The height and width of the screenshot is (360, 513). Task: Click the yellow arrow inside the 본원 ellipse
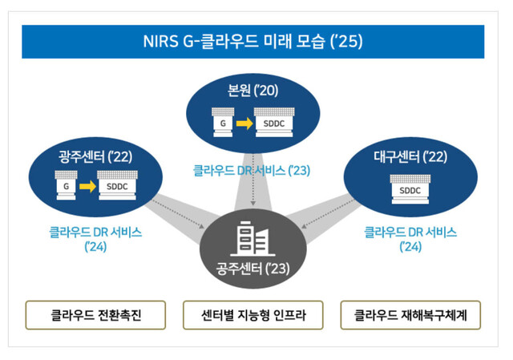[x=243, y=122]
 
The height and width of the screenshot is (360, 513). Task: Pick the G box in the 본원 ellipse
[x=222, y=122]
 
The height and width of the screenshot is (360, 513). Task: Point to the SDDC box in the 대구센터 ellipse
[x=410, y=189]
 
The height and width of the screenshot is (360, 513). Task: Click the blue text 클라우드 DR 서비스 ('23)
[x=252, y=169]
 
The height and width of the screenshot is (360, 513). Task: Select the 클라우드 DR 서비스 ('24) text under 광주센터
[x=95, y=239]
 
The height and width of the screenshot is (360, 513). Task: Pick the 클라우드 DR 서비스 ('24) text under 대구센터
[x=410, y=239]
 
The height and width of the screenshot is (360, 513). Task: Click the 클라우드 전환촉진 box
[x=95, y=315]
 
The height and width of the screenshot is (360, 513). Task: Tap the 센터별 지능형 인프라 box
[x=252, y=315]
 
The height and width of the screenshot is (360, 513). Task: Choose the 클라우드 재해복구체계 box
[x=410, y=315]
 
